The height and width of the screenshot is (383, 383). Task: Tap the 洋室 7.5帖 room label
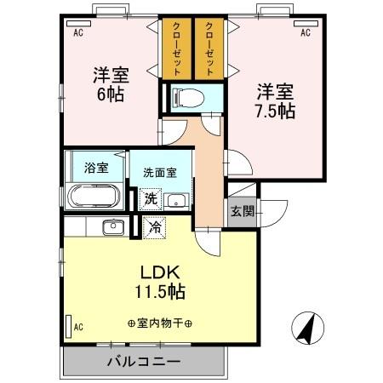coord(274,100)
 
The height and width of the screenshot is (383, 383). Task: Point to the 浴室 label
coord(96,168)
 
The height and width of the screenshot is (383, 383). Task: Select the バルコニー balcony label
coord(143,361)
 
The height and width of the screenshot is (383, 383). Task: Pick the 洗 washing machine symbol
coord(149,199)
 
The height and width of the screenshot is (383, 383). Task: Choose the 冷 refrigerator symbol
coord(155,227)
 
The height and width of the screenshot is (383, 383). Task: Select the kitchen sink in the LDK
coord(111,227)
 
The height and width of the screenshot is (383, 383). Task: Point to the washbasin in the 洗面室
coord(176,201)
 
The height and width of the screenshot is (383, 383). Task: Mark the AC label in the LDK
coord(77,327)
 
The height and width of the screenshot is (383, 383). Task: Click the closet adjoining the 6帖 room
coord(175,49)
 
